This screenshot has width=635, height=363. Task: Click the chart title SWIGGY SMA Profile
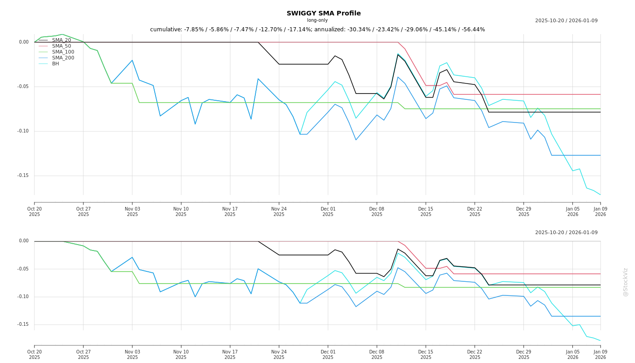click(x=323, y=13)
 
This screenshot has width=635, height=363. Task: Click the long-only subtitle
click(x=317, y=20)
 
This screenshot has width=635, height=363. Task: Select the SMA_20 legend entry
click(x=61, y=40)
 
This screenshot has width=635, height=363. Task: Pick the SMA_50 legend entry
click(x=61, y=46)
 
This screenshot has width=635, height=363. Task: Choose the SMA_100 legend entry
click(x=63, y=52)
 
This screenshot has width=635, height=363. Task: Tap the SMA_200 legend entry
click(x=63, y=58)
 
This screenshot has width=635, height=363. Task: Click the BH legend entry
click(x=55, y=64)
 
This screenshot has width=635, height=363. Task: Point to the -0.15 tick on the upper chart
click(x=23, y=176)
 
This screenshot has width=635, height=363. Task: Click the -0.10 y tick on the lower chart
click(x=23, y=297)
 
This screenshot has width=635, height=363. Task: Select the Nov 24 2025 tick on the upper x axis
click(x=279, y=211)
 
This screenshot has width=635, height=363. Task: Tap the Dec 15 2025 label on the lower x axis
click(x=425, y=354)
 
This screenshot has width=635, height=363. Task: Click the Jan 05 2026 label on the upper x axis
click(x=572, y=211)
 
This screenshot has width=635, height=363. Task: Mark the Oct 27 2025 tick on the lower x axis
click(x=83, y=354)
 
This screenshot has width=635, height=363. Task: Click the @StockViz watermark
click(x=625, y=282)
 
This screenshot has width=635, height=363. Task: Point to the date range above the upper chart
click(x=566, y=20)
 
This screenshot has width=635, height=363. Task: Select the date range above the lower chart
click(x=566, y=233)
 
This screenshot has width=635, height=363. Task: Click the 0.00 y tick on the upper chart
click(x=24, y=42)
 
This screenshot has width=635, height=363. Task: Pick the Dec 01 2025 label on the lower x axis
click(x=328, y=354)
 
